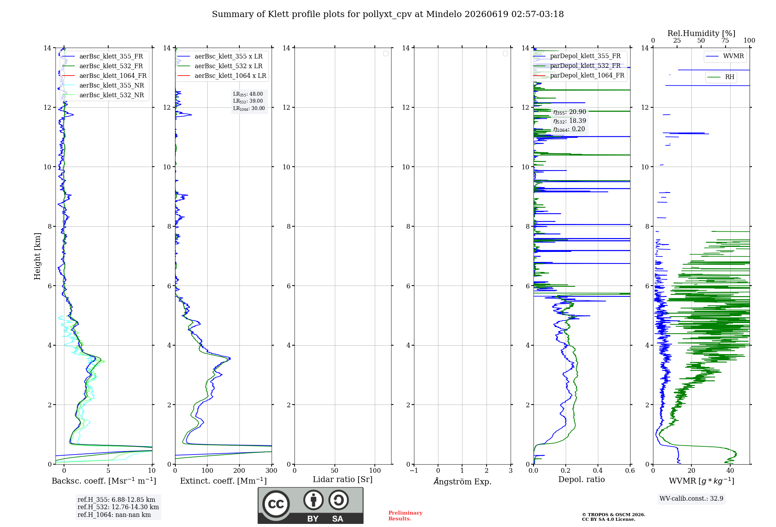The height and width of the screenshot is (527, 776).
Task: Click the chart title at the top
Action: tap(388, 14)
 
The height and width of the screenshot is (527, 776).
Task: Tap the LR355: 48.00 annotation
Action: tap(248, 94)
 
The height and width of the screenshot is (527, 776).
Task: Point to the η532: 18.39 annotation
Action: tap(570, 121)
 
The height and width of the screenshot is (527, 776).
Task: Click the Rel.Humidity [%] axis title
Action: tap(701, 33)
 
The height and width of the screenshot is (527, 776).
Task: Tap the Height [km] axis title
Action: tap(37, 256)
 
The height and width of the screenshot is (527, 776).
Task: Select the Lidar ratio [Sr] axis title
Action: tap(343, 480)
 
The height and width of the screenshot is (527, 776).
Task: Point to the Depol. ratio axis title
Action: tap(582, 479)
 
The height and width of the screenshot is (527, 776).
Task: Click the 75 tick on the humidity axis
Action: tap(725, 41)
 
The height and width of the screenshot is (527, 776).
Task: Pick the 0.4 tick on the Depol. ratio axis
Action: tap(598, 470)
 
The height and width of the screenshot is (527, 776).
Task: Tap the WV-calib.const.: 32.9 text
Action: tap(691, 499)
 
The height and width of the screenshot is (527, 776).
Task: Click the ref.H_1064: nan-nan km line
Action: tap(114, 515)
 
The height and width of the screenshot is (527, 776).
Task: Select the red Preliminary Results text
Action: tap(405, 516)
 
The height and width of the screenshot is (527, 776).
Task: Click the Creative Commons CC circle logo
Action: tap(276, 504)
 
